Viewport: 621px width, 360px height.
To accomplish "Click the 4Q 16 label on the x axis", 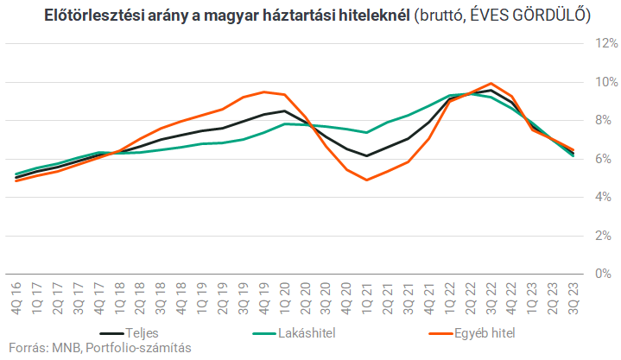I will (x=17, y=296).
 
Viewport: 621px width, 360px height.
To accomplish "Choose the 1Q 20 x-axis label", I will (x=284, y=296).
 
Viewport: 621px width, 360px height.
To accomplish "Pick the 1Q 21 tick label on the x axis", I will (x=367, y=296).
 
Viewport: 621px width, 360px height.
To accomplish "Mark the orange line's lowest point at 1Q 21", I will (x=367, y=180).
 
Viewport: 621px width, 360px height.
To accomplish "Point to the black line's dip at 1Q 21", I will (x=367, y=155).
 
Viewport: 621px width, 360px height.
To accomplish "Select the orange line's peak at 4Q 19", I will (x=264, y=92).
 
